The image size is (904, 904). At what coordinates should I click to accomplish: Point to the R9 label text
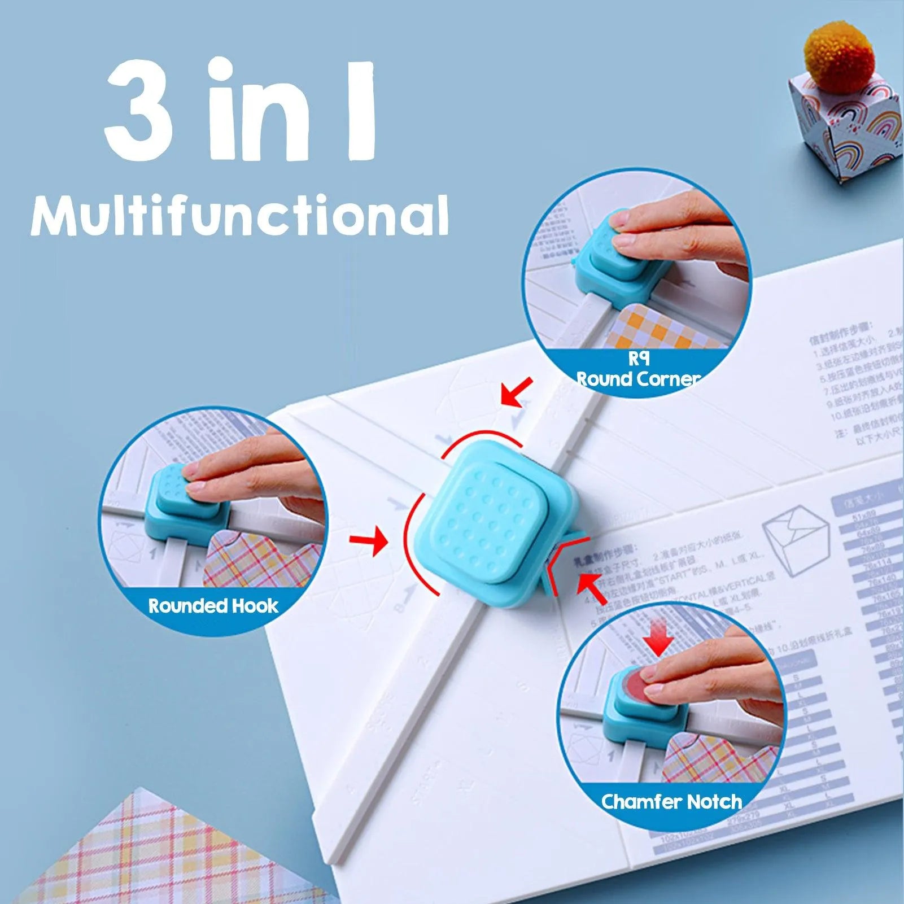pos(638,359)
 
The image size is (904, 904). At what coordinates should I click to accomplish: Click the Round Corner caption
pos(638,378)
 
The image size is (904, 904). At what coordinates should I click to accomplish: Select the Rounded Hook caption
pos(213,606)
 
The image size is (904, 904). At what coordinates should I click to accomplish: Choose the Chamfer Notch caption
pos(671,801)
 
